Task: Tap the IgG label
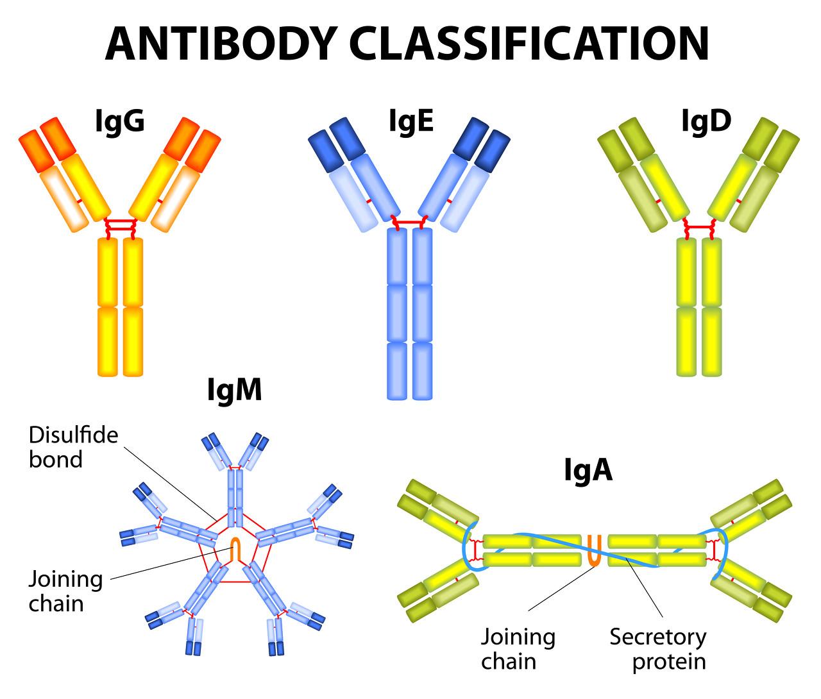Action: pos(119,121)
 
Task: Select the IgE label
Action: pos(410,121)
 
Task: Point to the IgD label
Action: pos(706,121)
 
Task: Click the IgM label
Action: pos(235,389)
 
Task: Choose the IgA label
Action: pos(588,470)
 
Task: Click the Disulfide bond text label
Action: pos(73,448)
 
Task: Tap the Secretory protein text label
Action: pos(657,649)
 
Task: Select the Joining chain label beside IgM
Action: pos(65,591)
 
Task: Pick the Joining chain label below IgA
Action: pos(518,649)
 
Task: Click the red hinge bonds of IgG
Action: pos(121,226)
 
